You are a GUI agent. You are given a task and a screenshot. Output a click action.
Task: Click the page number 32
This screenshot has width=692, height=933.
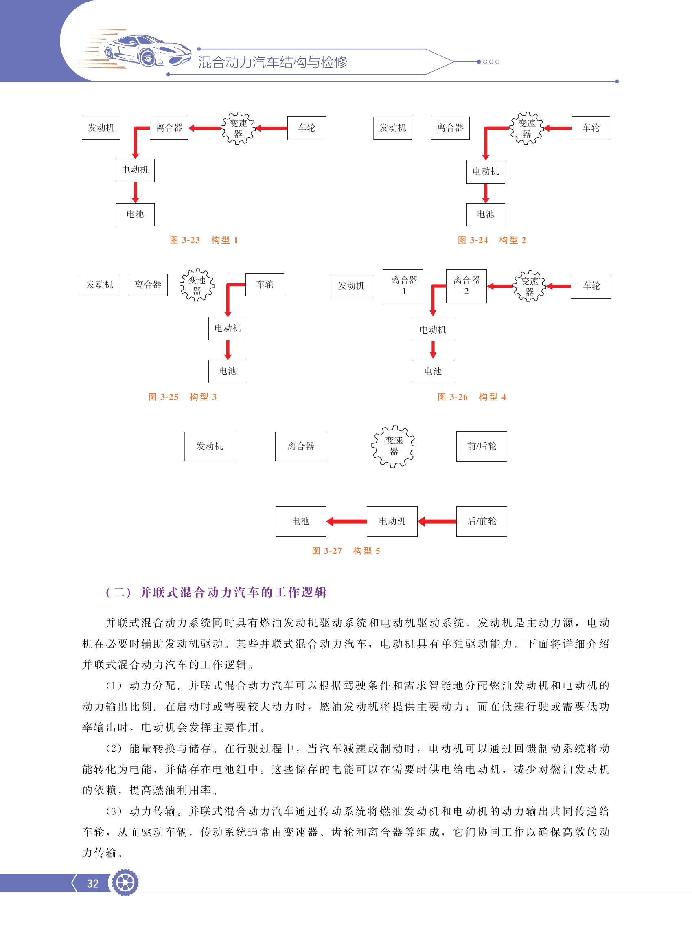92,884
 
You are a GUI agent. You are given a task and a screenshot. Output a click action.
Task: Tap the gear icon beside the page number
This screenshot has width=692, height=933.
125,882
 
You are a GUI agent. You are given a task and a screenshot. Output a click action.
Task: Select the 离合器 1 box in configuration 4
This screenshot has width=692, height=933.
403,286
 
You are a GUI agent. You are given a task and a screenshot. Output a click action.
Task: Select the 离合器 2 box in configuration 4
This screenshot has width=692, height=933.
466,286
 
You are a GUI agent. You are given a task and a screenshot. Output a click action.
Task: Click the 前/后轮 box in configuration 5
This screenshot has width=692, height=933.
482,446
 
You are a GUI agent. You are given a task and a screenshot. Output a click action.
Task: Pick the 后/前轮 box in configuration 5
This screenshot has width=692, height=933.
482,521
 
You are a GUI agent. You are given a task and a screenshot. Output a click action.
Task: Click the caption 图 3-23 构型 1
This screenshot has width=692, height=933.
204,240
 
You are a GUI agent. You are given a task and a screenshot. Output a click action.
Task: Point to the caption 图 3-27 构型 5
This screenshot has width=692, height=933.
346,551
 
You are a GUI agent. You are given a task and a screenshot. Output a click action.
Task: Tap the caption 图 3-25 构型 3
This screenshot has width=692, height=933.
182,397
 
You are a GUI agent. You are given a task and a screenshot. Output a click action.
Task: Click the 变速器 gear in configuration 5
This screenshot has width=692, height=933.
394,446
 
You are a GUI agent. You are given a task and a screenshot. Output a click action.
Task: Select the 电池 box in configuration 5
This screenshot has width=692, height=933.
301,521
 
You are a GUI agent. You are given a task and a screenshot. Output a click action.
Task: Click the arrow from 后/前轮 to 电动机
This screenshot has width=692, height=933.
437,521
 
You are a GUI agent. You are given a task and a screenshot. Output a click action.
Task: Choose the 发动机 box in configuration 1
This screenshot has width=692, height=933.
101,128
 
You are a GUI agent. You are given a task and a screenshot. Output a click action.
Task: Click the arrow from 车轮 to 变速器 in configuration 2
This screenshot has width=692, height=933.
558,128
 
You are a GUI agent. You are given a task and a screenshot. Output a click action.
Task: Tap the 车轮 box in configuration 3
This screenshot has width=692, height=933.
265,285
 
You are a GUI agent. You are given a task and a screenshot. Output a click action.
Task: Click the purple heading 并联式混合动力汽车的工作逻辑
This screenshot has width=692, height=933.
233,592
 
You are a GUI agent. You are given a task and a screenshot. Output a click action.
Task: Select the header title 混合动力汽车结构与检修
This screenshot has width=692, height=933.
273,62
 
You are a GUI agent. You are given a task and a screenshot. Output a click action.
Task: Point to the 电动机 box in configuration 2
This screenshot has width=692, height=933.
486,171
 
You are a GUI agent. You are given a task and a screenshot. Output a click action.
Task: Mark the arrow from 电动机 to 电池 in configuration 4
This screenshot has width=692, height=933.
433,350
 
